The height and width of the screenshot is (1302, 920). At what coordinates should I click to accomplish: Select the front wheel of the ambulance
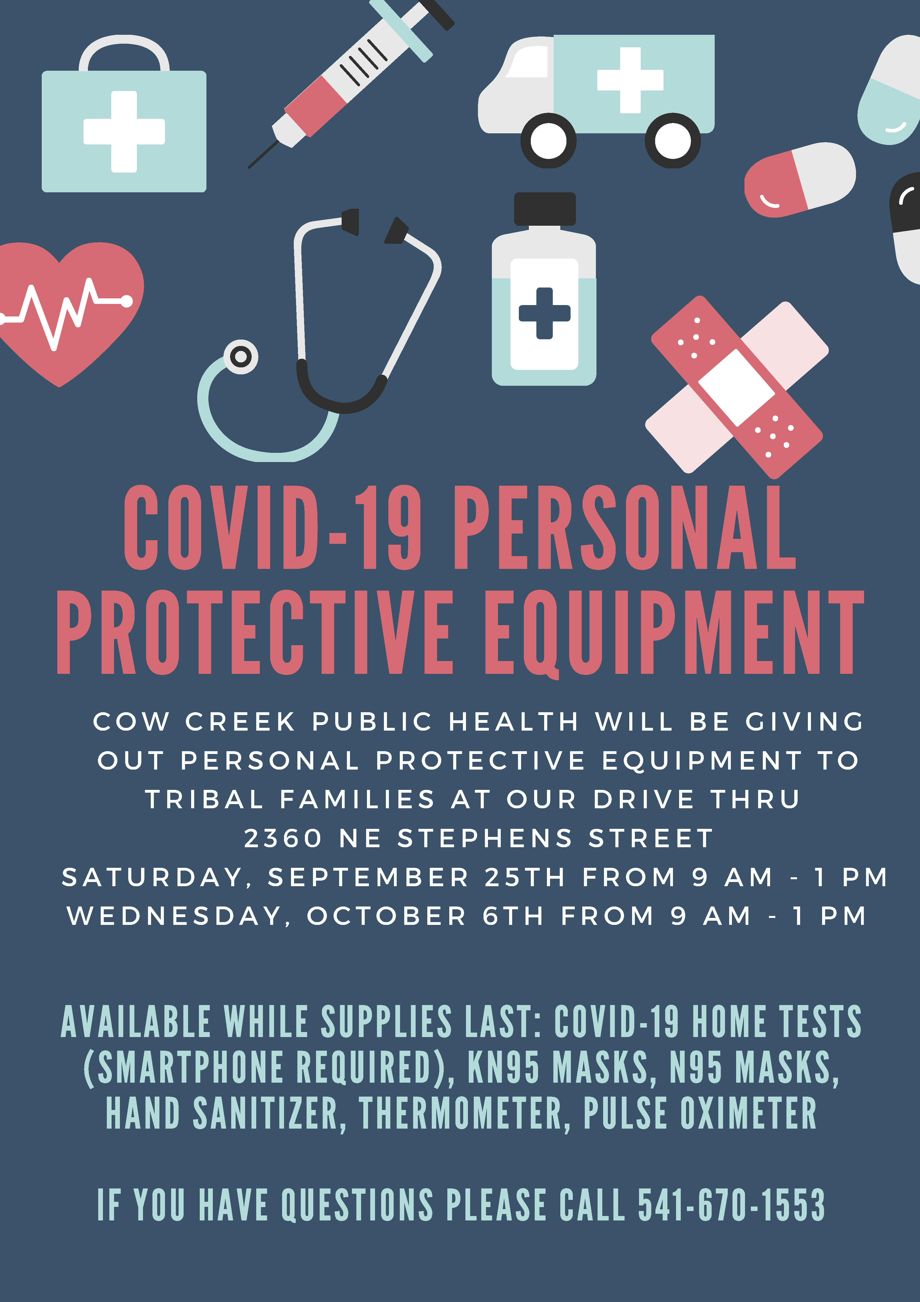[x=548, y=141]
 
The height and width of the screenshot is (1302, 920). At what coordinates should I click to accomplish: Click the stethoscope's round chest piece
[x=241, y=357]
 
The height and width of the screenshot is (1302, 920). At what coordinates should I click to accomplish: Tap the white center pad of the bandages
[x=736, y=387]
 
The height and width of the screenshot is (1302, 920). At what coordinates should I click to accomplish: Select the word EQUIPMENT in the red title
[x=674, y=632]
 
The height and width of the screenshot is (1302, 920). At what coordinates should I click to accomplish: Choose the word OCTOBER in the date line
[x=387, y=916]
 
